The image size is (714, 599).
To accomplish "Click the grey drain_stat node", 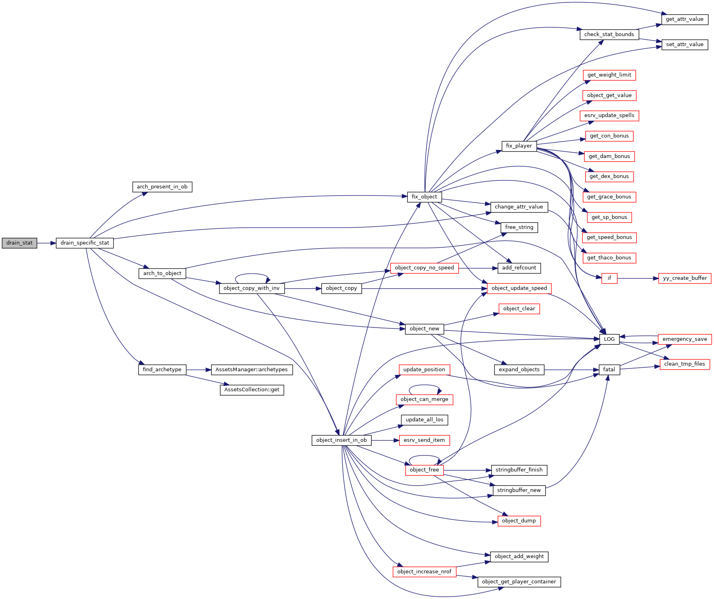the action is click(19, 243).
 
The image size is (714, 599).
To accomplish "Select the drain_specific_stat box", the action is click(85, 243).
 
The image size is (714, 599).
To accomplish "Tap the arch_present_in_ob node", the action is click(162, 187).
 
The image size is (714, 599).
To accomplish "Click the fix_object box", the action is click(424, 197).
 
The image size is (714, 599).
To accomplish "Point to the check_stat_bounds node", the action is click(609, 34).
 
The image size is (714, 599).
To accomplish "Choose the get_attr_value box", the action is click(684, 19).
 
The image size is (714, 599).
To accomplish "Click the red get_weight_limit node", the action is click(609, 75).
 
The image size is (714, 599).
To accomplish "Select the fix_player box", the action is click(519, 146).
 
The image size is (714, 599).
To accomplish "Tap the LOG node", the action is click(609, 339).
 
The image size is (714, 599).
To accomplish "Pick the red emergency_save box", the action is click(685, 339).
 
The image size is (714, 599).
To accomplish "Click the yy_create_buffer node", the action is click(685, 278).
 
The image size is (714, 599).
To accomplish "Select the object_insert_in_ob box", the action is click(342, 440).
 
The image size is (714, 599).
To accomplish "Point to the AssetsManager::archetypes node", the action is click(252, 370).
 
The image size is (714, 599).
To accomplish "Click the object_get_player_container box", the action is click(519, 582).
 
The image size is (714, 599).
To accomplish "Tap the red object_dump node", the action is click(519, 521).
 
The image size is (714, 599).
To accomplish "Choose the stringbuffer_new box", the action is click(519, 490).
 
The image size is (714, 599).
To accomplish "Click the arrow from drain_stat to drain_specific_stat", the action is click(47, 243).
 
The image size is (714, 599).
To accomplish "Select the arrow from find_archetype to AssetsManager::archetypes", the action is click(199, 370).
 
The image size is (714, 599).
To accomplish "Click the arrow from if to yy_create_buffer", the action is click(638, 278).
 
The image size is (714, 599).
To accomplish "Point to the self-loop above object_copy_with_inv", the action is click(252, 274).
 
